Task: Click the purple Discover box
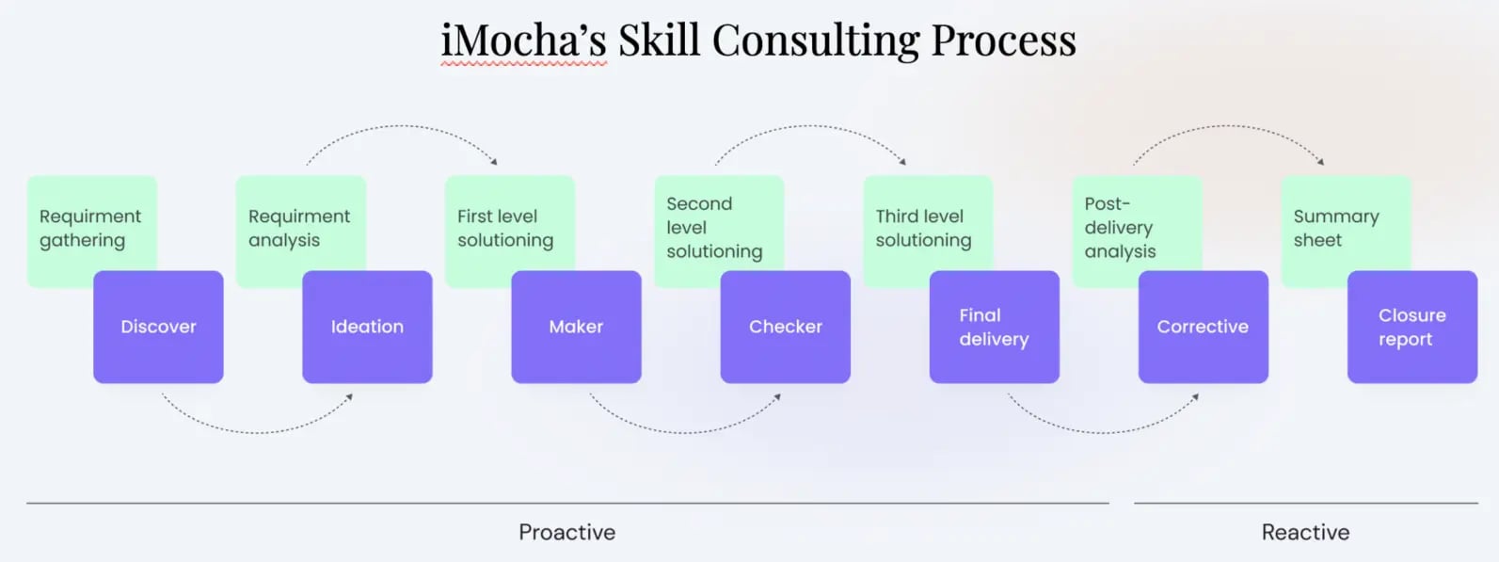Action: [x=158, y=327]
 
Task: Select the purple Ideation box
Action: [x=367, y=327]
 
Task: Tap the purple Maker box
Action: [x=576, y=327]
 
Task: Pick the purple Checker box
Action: [x=785, y=327]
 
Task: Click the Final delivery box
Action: [x=994, y=327]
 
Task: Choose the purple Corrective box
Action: [x=1203, y=327]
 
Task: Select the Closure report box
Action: [x=1411, y=327]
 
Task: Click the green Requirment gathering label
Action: [x=90, y=228]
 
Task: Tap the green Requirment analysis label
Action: [x=299, y=228]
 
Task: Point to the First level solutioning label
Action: [x=505, y=228]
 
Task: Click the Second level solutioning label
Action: [x=714, y=227]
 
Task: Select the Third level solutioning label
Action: [x=923, y=228]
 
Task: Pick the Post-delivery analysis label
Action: [x=1120, y=227]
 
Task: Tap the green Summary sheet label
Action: [x=1336, y=228]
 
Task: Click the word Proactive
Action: [x=566, y=533]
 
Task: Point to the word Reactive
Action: [x=1305, y=533]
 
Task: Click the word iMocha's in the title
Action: [x=523, y=40]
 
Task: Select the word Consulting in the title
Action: [x=815, y=40]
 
